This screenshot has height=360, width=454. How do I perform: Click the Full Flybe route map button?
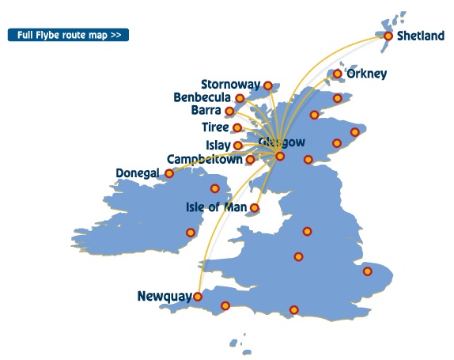coord(67,36)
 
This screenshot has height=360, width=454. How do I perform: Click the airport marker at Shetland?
coord(388,36)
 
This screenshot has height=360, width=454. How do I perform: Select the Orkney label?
coord(367,74)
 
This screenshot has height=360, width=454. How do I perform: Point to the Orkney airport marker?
coord(338,74)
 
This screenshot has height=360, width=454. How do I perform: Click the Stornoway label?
coord(231,84)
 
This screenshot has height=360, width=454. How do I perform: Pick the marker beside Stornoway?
coord(268,85)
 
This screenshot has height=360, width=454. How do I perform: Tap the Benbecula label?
coord(202,98)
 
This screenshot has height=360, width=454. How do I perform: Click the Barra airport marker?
coord(229,112)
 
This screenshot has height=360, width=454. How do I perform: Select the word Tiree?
coord(214,127)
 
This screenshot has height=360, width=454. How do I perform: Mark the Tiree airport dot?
coord(237,127)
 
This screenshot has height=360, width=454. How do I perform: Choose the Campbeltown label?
coord(204,159)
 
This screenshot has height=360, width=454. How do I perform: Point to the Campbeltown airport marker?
coord(250,160)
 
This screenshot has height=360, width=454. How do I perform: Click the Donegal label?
coord(138,172)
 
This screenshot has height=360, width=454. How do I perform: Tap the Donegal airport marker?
coord(168,172)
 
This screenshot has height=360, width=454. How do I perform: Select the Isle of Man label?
coord(215,208)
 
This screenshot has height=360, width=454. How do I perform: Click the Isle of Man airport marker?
coord(254,209)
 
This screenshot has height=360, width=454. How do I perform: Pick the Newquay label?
coord(164,297)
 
